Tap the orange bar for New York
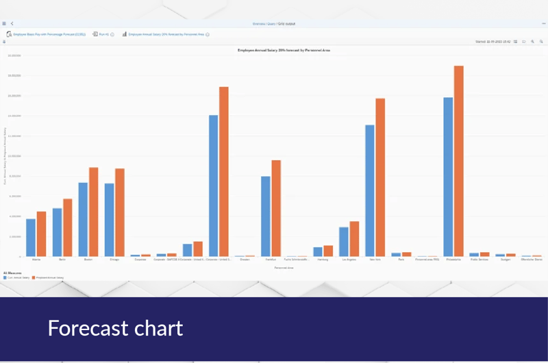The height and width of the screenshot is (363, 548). [x=380, y=177]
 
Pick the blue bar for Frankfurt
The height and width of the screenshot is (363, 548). [x=266, y=216]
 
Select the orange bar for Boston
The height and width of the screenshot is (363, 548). [x=94, y=212]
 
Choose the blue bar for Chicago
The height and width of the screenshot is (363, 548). [x=109, y=220]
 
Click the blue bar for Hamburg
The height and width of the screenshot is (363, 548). [x=318, y=251]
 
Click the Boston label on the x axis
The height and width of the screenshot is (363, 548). [x=88, y=260]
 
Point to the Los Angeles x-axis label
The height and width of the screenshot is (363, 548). [x=349, y=260]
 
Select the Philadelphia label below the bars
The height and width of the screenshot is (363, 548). [x=453, y=260]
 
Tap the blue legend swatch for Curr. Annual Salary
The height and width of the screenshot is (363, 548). [x=5, y=277]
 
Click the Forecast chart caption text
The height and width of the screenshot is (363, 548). [x=115, y=328]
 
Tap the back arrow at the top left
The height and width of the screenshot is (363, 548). [x=12, y=23]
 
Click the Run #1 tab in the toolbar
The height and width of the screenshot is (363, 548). [x=103, y=34]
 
